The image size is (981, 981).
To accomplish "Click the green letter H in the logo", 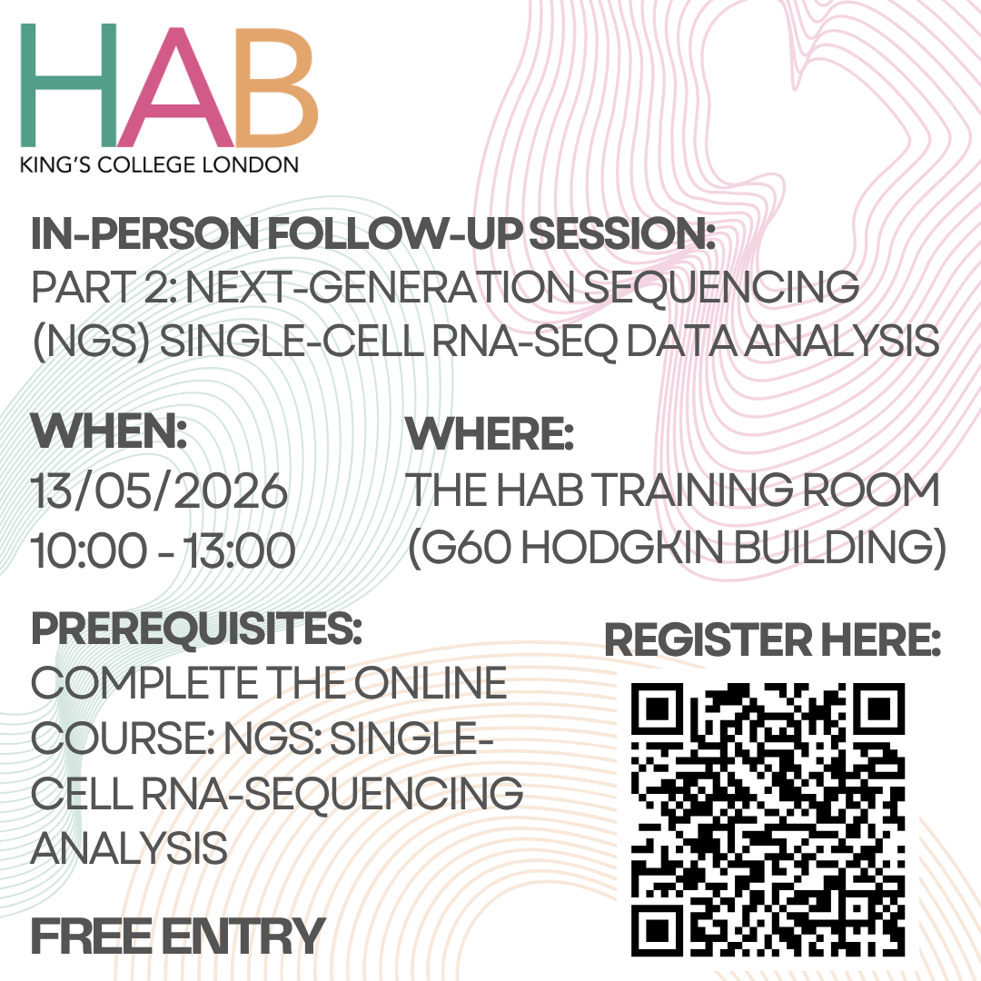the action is [69, 85].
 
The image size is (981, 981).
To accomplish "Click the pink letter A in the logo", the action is [176, 85].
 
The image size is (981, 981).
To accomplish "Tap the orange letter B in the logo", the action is [276, 85].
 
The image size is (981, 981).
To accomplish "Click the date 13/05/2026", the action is [160, 490].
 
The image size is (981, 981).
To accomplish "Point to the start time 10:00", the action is [89, 550].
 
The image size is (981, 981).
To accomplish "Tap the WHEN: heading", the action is [110, 431].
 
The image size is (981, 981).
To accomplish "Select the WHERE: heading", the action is [490, 433].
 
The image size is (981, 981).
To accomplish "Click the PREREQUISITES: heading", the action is [196, 629].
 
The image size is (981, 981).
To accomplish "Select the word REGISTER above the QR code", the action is [708, 640].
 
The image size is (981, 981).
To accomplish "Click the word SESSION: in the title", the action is [622, 233].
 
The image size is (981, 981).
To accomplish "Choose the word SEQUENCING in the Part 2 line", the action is [720, 288].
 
